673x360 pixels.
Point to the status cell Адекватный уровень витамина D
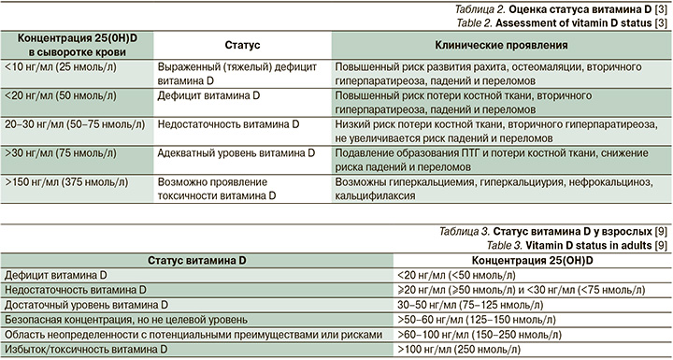pos(227,151)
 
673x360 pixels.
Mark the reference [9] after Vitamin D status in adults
pos(659,244)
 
